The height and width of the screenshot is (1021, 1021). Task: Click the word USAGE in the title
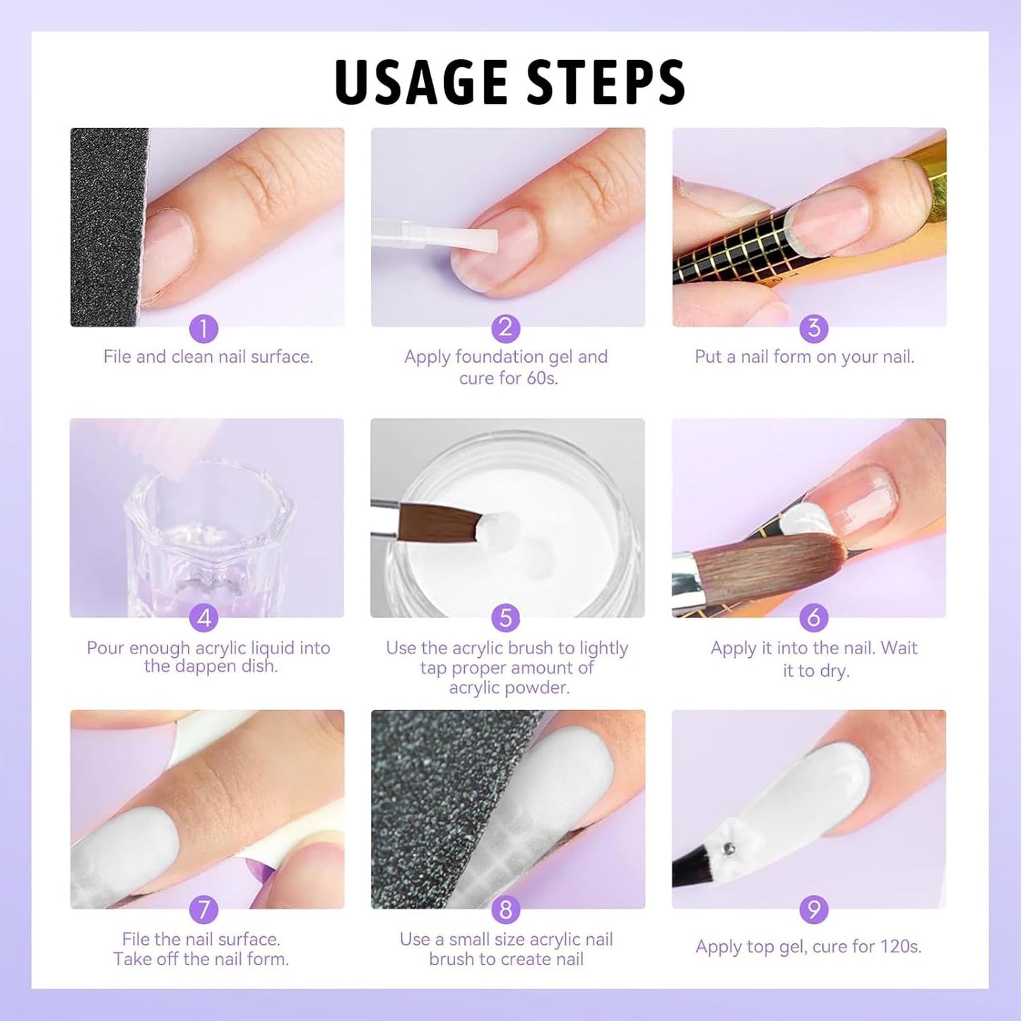point(423,82)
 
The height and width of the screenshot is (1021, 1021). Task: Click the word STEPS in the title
point(606,82)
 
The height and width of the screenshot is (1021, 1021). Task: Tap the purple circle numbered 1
point(203,329)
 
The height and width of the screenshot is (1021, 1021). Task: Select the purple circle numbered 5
point(505,618)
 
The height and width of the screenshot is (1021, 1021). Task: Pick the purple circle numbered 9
point(813,909)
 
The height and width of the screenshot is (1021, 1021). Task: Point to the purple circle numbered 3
point(813,329)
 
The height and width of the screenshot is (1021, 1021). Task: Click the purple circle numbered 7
point(203,909)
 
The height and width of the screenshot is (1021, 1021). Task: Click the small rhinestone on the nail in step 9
point(731,848)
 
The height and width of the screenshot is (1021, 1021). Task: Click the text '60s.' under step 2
point(541,379)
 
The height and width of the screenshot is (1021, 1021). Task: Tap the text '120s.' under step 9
point(900,947)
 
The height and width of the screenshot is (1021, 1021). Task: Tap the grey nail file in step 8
point(438,813)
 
